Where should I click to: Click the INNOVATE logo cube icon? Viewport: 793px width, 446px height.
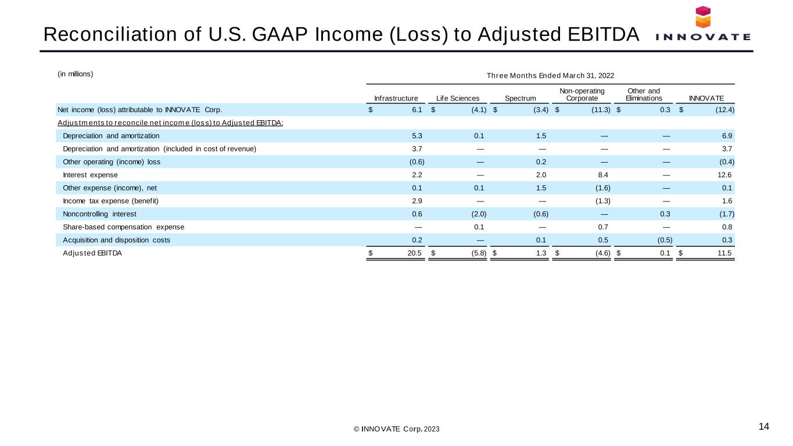tap(703, 17)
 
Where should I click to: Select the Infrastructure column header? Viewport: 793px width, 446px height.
tap(396, 98)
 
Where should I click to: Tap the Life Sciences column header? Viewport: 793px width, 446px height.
tap(458, 98)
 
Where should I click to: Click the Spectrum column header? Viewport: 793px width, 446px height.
tap(520, 98)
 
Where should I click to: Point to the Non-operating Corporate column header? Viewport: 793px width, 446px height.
tap(582, 95)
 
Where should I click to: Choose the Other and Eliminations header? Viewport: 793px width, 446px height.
tap(644, 95)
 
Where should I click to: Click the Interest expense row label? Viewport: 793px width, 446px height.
tap(90, 175)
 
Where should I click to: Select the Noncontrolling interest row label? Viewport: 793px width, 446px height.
tap(99, 214)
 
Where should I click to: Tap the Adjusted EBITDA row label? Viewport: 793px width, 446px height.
tap(92, 253)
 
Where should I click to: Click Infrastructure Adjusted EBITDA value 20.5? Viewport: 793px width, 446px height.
tap(414, 253)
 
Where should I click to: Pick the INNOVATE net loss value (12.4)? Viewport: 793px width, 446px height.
tap(724, 110)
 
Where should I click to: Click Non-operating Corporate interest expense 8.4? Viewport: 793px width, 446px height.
tap(603, 175)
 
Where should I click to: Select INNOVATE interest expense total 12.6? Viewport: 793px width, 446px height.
tap(724, 175)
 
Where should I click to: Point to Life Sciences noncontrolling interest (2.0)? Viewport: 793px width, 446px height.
tap(479, 214)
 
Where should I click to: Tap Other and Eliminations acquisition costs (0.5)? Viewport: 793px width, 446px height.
tap(665, 240)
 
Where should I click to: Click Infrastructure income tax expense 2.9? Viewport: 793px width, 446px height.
tap(417, 201)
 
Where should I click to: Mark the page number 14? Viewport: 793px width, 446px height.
tap(764, 426)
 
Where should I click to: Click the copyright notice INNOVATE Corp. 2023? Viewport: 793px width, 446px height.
tap(396, 429)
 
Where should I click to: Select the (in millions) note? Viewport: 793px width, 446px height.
tap(76, 74)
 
